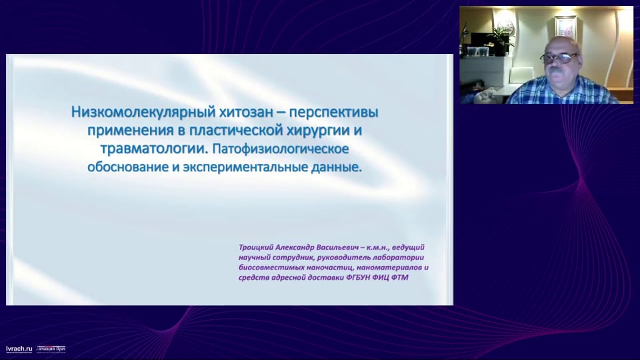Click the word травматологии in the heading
point(154,149)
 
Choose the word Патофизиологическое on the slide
point(281,149)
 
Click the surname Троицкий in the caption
point(256,247)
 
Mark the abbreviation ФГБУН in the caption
point(359,277)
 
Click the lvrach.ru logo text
point(19,349)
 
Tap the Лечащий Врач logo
point(51,349)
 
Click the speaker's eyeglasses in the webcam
point(559,58)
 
